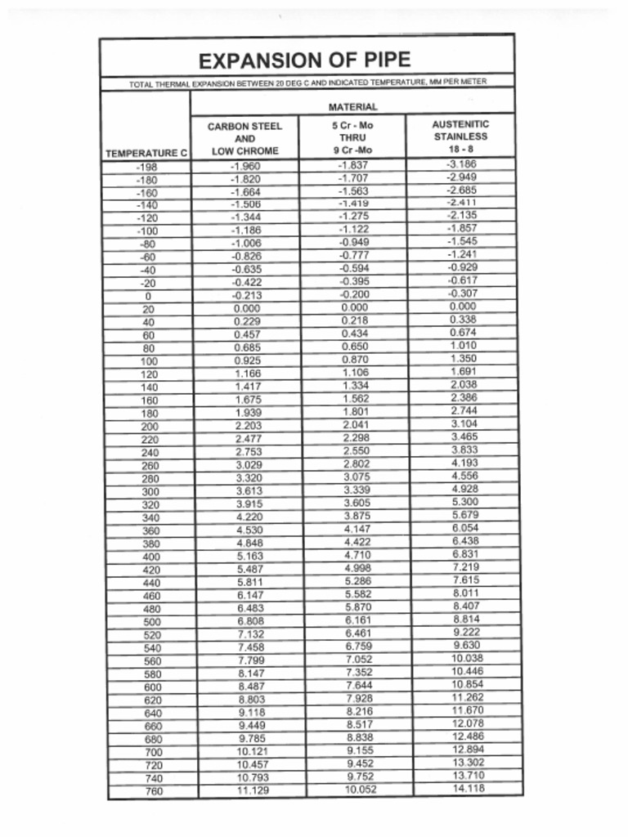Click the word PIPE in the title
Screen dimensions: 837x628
point(382,60)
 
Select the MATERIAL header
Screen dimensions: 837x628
point(352,106)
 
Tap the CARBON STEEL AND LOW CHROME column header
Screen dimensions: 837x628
point(244,138)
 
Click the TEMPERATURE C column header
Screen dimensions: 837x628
point(146,153)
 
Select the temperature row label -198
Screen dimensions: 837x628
point(147,167)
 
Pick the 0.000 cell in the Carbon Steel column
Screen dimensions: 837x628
point(246,309)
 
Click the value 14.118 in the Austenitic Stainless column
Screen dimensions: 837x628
point(468,788)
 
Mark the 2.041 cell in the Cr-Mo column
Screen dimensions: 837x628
point(356,426)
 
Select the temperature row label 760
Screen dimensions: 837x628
point(153,791)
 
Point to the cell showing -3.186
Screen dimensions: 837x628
point(461,164)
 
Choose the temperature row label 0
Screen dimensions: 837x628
point(148,297)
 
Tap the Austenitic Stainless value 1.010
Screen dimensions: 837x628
point(464,346)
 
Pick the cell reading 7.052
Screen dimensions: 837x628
point(359,659)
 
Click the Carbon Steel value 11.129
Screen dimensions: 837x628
point(253,790)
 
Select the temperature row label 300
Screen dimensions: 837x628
point(150,492)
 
